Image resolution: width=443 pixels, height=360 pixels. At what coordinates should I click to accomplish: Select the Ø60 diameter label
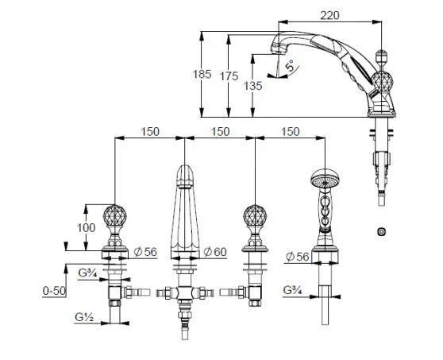[x=216, y=252]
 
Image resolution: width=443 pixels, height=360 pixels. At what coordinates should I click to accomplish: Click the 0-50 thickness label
[x=53, y=292]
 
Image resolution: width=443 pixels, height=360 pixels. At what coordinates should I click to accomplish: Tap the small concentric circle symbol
[x=383, y=230]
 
